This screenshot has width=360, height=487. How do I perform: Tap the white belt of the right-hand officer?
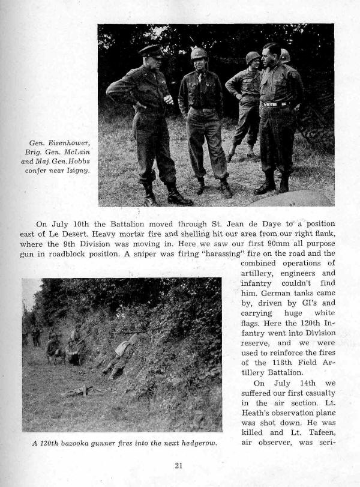(x=275, y=104)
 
